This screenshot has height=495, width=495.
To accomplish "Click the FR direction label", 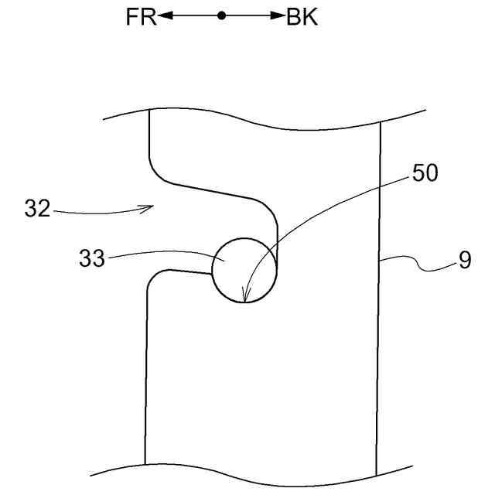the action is (x=140, y=17).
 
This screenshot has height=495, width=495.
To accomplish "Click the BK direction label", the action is (x=302, y=17).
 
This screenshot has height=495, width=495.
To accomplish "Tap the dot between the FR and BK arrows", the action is (x=221, y=16).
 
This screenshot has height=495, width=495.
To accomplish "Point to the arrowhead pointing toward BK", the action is (x=278, y=16).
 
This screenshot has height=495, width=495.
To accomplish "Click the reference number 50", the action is (x=425, y=173).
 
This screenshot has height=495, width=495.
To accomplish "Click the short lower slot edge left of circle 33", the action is (x=186, y=271).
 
